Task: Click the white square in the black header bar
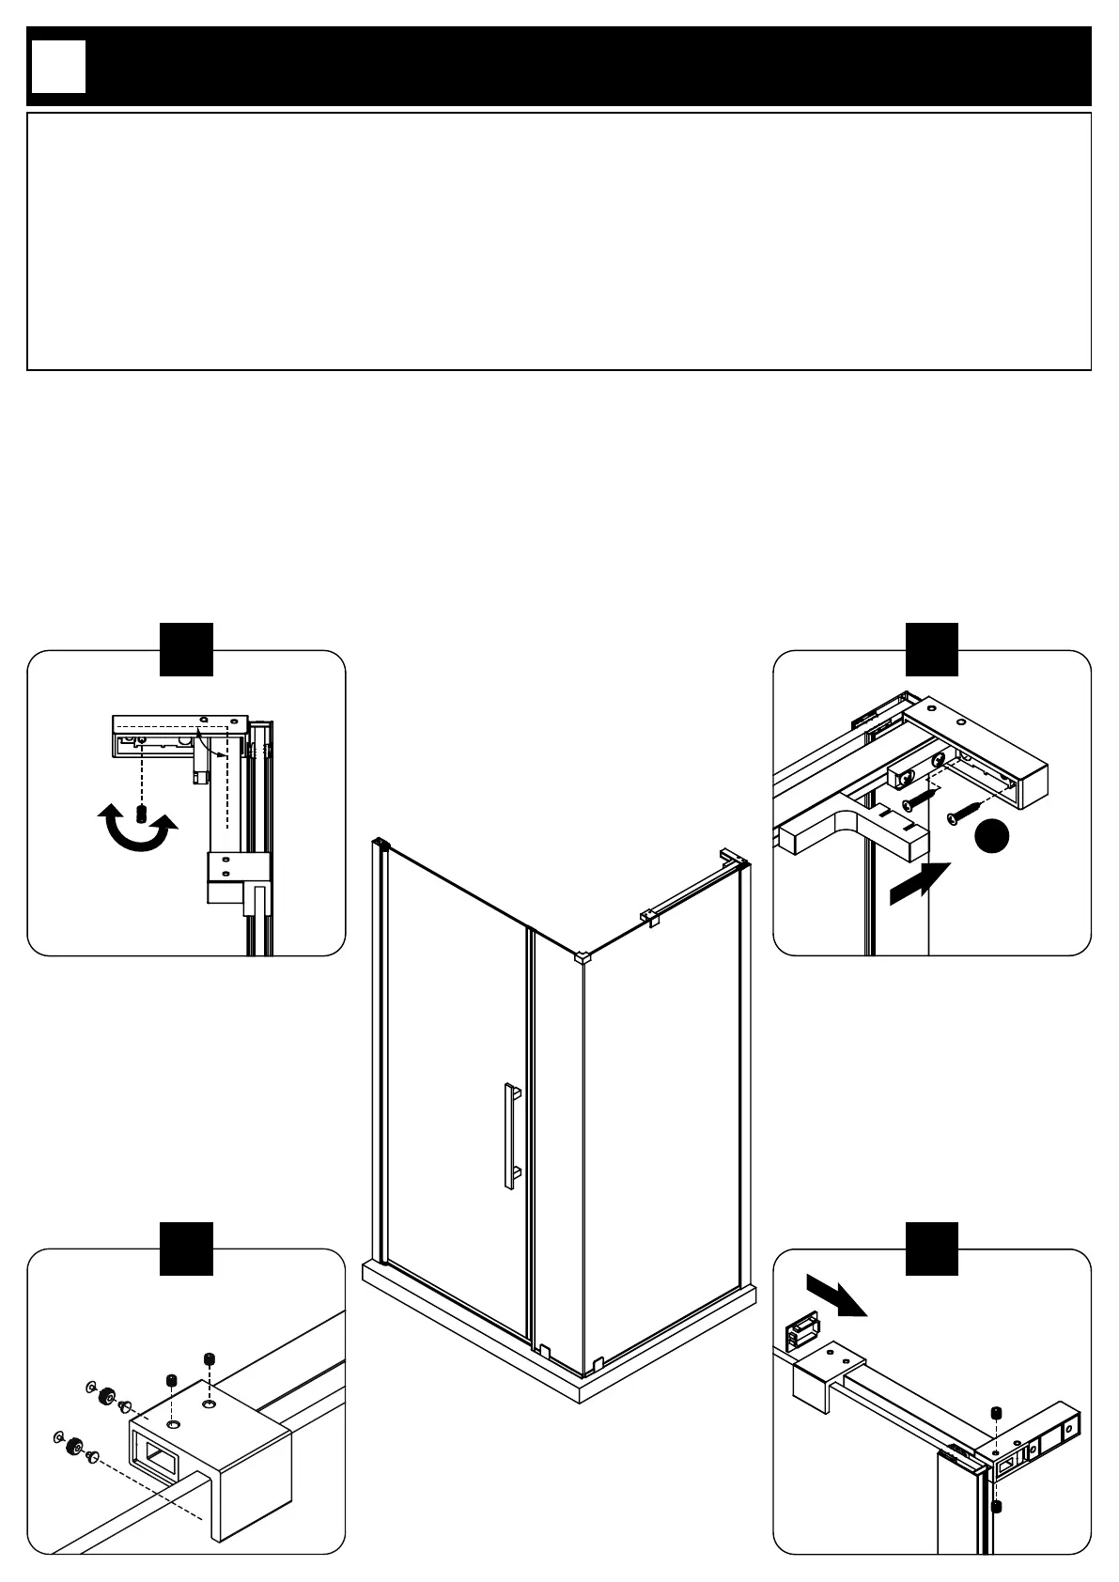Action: tap(58, 67)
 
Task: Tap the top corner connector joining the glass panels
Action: tap(583, 958)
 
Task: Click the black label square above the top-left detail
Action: tap(186, 648)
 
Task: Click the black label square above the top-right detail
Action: tap(932, 648)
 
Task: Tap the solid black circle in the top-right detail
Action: tap(991, 837)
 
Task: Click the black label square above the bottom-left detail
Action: tap(186, 1249)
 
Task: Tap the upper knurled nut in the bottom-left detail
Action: tap(107, 1395)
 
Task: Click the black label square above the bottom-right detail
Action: tap(932, 1249)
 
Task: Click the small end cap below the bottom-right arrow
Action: tap(800, 1332)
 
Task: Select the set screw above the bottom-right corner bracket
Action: tap(997, 1414)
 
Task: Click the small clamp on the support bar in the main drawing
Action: tap(649, 915)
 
